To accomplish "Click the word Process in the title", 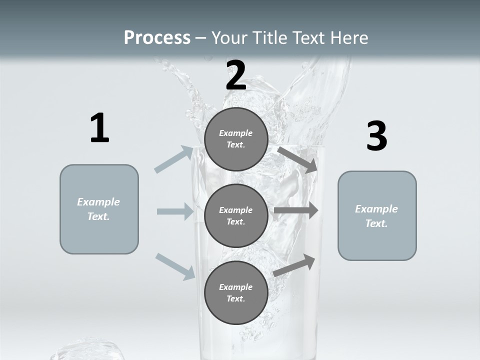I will [157, 38].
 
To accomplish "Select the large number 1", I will [99, 128].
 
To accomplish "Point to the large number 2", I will [236, 75].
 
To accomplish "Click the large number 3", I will [376, 136].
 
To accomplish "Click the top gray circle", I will [236, 139].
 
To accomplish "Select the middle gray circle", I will [236, 215].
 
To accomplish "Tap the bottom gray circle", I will [236, 292].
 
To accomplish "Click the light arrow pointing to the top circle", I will [174, 159].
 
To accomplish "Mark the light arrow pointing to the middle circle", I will [175, 211].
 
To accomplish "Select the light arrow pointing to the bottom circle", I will [175, 266].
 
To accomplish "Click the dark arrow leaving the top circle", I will [298, 159].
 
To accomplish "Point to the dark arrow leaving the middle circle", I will [296, 210].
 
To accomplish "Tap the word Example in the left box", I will [98, 202].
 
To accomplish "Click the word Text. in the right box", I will [376, 223].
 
